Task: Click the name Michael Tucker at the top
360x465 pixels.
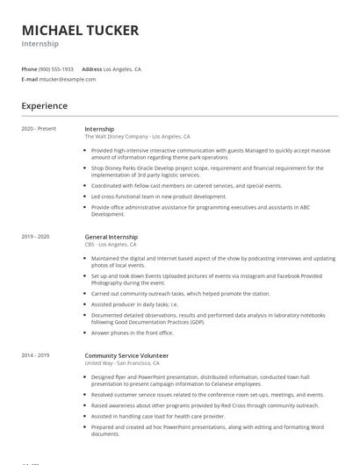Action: click(x=80, y=31)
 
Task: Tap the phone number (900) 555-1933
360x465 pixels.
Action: click(x=56, y=68)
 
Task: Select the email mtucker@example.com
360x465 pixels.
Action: click(x=68, y=79)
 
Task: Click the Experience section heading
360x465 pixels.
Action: click(x=44, y=106)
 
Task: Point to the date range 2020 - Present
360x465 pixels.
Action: click(x=40, y=129)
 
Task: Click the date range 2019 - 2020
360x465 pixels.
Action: click(x=35, y=237)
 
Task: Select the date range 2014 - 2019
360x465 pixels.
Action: click(x=35, y=355)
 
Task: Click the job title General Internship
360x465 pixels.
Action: click(x=111, y=237)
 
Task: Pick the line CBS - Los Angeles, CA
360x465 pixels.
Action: click(x=117, y=245)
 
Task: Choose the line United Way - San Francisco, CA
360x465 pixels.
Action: click(x=122, y=363)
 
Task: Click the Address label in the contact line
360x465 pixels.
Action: click(x=91, y=68)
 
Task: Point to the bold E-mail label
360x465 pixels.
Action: click(x=29, y=79)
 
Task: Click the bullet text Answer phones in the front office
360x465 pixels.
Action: click(x=133, y=333)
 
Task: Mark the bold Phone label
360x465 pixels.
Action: click(x=28, y=68)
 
